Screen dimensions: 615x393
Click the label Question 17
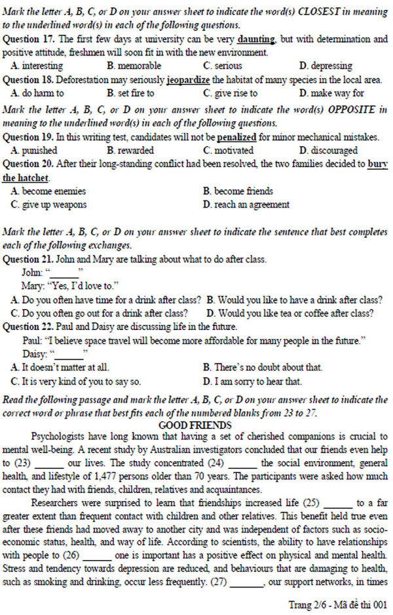point(28,39)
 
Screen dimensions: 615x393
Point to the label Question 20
point(28,164)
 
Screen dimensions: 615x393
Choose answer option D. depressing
point(326,66)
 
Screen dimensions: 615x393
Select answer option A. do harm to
point(37,93)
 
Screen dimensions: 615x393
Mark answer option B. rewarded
point(131,150)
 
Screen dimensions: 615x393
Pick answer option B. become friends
point(238,191)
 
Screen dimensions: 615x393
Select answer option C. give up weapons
point(48,204)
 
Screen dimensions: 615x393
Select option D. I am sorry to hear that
point(252,381)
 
